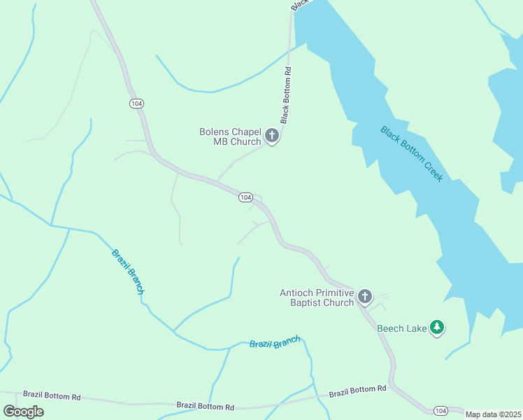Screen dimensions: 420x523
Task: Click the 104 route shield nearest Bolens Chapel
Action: click(x=245, y=197)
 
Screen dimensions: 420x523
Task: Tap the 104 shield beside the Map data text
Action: click(x=440, y=410)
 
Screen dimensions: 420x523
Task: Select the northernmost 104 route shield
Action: click(x=136, y=103)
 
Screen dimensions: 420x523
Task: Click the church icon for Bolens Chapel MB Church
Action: click(x=273, y=136)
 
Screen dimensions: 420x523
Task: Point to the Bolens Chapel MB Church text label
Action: click(x=230, y=136)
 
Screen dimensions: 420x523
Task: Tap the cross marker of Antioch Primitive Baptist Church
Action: click(x=365, y=297)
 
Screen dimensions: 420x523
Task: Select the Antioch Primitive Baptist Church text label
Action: click(x=317, y=297)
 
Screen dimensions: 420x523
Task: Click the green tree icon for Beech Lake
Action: click(x=437, y=327)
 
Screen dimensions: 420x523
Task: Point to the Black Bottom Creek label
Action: click(x=412, y=153)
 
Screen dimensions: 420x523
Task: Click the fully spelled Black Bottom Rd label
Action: click(x=286, y=94)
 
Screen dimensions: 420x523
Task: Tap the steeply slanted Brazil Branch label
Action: click(x=129, y=271)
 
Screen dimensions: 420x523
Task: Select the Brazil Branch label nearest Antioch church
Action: click(x=275, y=343)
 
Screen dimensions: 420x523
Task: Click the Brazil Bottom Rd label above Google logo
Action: click(x=52, y=395)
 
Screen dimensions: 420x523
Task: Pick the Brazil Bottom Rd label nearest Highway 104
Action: click(x=358, y=389)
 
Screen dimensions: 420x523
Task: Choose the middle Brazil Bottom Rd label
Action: click(x=205, y=405)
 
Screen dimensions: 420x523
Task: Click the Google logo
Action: click(x=23, y=411)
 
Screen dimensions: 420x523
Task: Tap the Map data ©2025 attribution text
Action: click(x=493, y=414)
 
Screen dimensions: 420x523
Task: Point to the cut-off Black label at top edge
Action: click(x=299, y=5)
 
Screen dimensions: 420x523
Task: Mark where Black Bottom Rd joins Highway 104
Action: click(x=217, y=181)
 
